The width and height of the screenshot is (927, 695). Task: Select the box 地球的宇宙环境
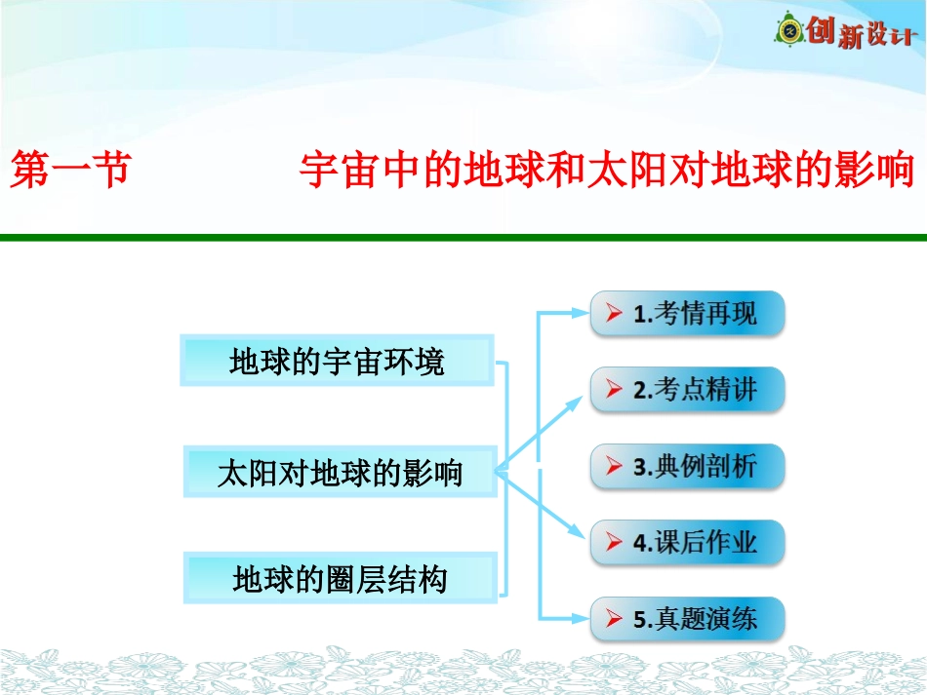click(338, 362)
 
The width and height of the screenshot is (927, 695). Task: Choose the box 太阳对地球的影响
click(340, 473)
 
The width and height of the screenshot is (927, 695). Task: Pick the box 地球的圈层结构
click(340, 579)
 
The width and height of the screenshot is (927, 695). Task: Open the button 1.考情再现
click(687, 314)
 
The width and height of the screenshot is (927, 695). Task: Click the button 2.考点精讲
click(687, 390)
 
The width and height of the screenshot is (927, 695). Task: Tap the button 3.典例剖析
click(687, 466)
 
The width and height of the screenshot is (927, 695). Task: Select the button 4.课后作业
click(687, 542)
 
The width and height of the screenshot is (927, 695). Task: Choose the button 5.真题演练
click(687, 618)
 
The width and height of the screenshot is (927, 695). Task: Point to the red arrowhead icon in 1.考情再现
click(614, 314)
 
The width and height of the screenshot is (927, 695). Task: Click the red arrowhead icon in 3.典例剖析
click(614, 467)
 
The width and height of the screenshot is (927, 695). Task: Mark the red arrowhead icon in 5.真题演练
click(614, 619)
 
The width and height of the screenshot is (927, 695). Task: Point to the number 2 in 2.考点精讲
click(640, 391)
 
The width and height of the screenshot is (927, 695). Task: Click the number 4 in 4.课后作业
click(640, 543)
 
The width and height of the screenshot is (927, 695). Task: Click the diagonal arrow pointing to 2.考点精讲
click(543, 434)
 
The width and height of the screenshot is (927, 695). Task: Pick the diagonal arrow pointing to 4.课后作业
click(543, 505)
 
